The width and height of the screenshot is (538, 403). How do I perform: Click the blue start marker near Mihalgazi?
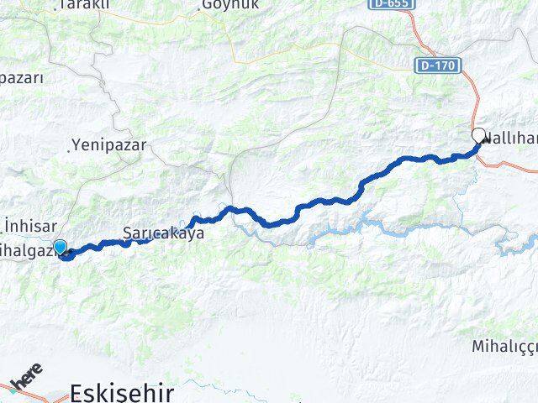[x=60, y=246]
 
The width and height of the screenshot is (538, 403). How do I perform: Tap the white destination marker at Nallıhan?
[x=478, y=135]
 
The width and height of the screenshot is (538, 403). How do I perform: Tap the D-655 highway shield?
[x=391, y=5]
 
